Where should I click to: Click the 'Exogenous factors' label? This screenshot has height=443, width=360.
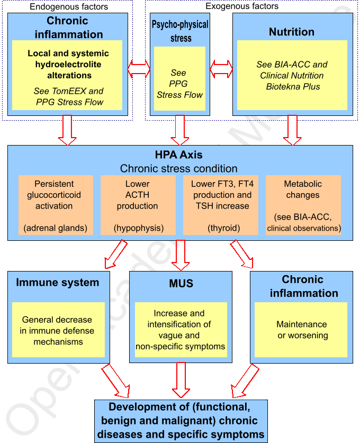click(243, 6)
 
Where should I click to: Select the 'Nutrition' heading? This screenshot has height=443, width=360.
click(292, 32)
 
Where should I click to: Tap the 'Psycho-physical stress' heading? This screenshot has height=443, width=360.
click(180, 31)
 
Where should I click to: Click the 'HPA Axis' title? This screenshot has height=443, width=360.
click(178, 156)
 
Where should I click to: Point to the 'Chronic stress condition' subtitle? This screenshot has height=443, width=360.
click(178, 169)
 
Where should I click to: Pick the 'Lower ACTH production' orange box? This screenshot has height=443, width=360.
click(138, 205)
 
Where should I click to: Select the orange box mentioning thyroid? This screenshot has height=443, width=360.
click(222, 205)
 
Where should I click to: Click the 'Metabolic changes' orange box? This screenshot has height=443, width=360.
click(303, 205)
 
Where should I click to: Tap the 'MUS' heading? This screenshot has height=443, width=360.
click(181, 284)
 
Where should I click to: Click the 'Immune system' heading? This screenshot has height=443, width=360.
click(58, 282)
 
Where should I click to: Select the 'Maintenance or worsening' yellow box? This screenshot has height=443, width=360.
click(302, 329)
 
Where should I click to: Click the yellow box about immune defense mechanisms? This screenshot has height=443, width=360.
click(57, 330)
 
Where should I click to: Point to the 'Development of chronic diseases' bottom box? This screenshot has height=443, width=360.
click(181, 421)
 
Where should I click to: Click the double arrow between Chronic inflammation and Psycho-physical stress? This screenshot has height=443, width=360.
click(139, 69)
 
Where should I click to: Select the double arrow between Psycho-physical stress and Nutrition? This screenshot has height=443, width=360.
click(221, 69)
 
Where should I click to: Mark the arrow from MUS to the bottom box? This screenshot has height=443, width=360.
click(181, 380)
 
